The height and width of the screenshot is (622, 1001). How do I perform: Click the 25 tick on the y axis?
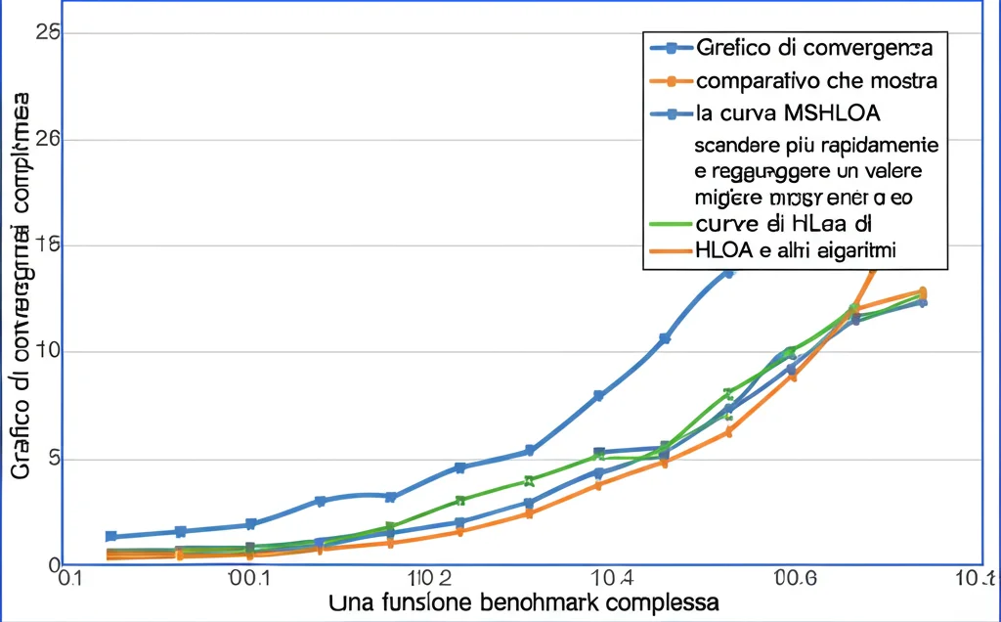pyautogui.click(x=48, y=32)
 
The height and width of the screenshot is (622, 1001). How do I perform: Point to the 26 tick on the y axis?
pyautogui.click(x=48, y=139)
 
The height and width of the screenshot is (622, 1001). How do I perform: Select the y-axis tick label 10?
pyautogui.click(x=48, y=352)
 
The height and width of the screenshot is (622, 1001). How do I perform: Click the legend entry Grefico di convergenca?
pyautogui.click(x=813, y=47)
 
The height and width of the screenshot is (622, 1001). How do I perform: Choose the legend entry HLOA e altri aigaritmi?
pyautogui.click(x=796, y=251)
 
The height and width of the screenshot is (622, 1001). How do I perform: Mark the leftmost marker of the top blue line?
pyautogui.click(x=111, y=536)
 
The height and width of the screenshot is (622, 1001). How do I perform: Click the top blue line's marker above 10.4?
pyautogui.click(x=599, y=396)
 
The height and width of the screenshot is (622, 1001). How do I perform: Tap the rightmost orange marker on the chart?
pyautogui.click(x=921, y=291)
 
